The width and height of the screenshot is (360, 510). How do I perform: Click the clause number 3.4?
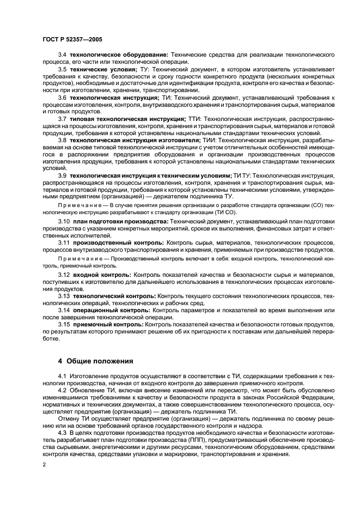coord(62,55)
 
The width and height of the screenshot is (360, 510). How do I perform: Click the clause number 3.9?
coord(62,175)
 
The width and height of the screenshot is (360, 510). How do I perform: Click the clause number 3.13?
coord(64,295)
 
